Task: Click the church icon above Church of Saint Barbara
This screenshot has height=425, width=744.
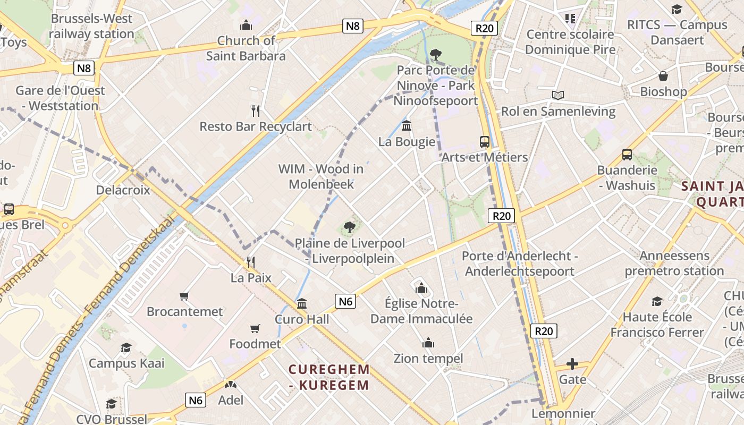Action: [x=246, y=24]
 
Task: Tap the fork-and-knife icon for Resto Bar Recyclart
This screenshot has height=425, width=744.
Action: [x=256, y=110]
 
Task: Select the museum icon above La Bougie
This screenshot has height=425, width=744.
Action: [x=407, y=126]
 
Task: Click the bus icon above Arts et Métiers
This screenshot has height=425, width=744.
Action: [x=484, y=141]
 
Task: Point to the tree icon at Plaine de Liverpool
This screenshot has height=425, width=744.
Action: [x=349, y=227]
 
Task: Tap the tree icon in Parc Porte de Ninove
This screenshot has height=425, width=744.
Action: [x=435, y=54]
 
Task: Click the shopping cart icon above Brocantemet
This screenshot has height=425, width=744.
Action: [x=184, y=296]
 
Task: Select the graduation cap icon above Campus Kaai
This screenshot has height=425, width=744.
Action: [x=126, y=348]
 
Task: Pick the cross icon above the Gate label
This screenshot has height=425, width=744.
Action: [x=572, y=364]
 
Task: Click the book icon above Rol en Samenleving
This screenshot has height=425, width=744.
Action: [x=557, y=95]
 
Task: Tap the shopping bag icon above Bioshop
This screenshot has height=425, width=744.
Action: [x=663, y=76]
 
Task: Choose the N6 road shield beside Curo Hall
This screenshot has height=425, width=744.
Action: [x=346, y=301]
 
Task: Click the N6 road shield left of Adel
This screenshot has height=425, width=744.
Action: [x=196, y=400]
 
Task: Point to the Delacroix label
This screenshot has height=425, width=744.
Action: [x=123, y=190]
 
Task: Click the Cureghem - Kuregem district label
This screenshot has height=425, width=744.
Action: [x=329, y=377]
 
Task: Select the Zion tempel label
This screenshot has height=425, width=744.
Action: [x=428, y=359]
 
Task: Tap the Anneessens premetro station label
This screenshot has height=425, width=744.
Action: [x=674, y=263]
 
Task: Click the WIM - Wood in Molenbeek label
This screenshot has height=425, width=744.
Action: [x=321, y=176]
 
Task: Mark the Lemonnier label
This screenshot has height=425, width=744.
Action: [x=563, y=413]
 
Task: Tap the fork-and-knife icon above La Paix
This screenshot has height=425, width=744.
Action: [x=251, y=262]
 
